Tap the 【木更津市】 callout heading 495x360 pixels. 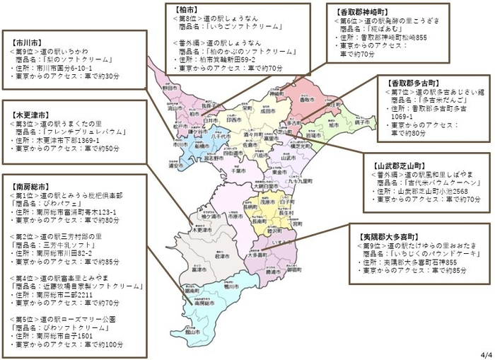pyautogui.click(x=29, y=113)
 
